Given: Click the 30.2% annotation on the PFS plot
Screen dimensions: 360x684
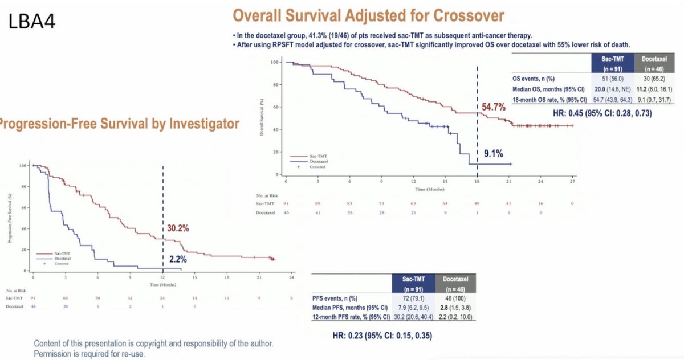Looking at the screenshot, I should (x=178, y=228).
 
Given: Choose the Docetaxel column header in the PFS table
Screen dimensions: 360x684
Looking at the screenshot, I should (x=455, y=283).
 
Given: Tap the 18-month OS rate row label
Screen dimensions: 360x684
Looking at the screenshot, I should (x=551, y=99).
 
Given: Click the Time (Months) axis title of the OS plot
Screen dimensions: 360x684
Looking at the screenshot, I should (x=429, y=189).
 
